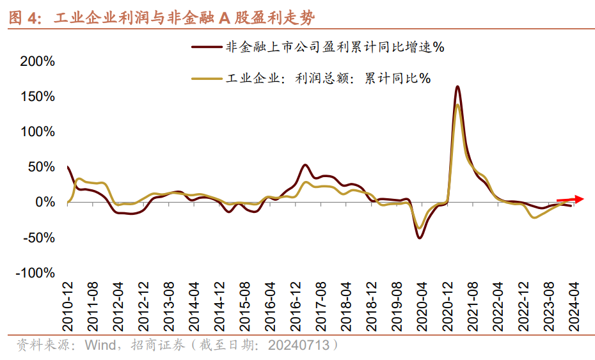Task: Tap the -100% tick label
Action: pyautogui.click(x=36, y=273)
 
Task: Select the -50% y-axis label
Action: pyautogui.click(x=38, y=238)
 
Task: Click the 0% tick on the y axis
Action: pyautogui.click(x=45, y=202)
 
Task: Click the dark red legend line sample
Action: pyautogui.click(x=205, y=46)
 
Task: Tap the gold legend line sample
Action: pyautogui.click(x=205, y=78)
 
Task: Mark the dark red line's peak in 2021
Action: pyautogui.click(x=457, y=86)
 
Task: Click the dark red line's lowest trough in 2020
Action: pyautogui.click(x=420, y=238)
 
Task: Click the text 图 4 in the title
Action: pyautogui.click(x=24, y=18)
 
